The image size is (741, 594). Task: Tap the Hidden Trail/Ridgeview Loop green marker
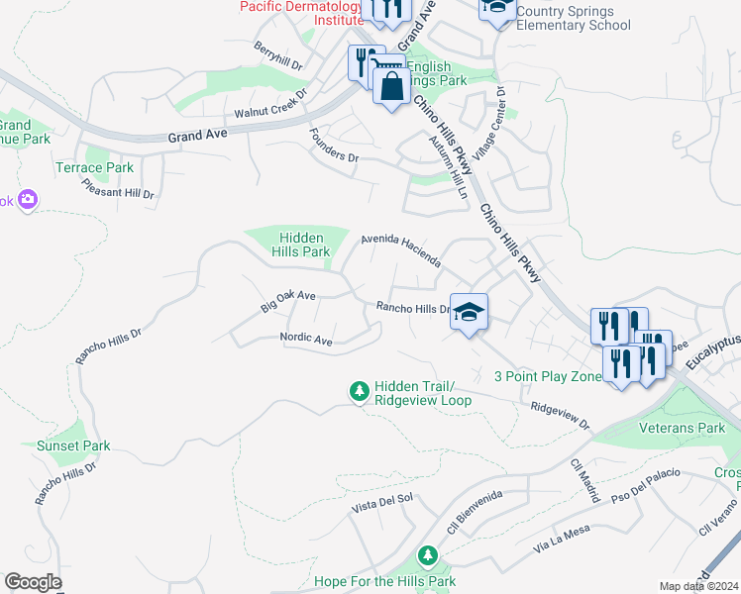click(x=359, y=392)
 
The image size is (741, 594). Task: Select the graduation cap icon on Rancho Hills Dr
click(x=469, y=312)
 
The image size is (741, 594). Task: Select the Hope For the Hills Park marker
click(x=427, y=556)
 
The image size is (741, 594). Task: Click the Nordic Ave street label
click(x=306, y=339)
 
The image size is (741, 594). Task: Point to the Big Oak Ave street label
click(x=288, y=302)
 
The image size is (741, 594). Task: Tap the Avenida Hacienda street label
click(x=400, y=249)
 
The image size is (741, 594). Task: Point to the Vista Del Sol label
click(x=382, y=504)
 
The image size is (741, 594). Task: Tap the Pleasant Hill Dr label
click(x=118, y=187)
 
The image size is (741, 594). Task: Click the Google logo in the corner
click(x=33, y=582)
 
